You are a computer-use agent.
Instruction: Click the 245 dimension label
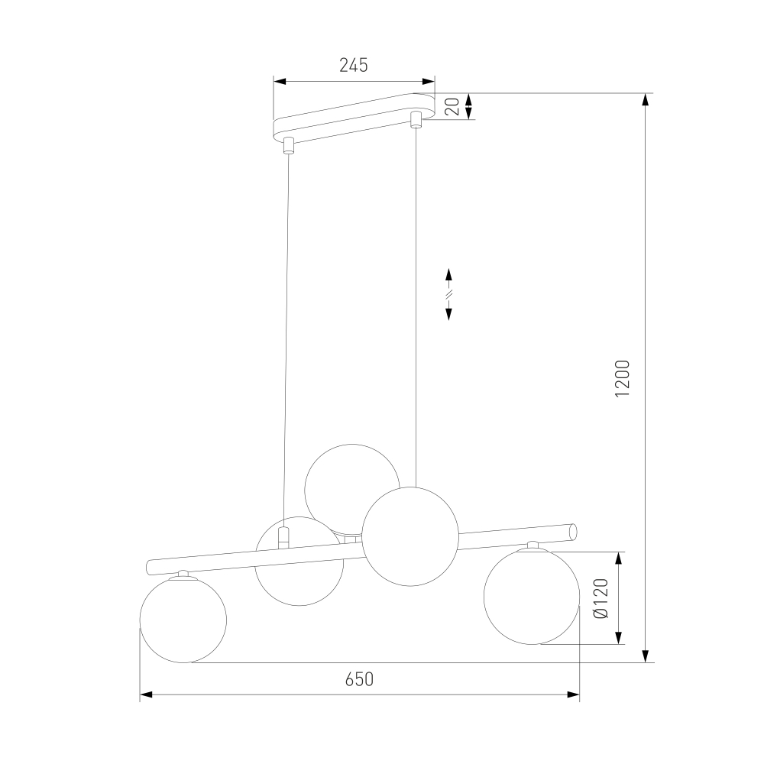point(353,65)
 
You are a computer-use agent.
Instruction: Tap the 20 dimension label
point(452,106)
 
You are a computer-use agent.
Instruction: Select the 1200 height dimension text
point(622,378)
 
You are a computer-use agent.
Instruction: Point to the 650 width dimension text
point(359,679)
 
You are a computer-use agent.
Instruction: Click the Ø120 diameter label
point(602,598)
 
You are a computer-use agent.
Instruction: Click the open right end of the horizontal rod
point(574,531)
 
